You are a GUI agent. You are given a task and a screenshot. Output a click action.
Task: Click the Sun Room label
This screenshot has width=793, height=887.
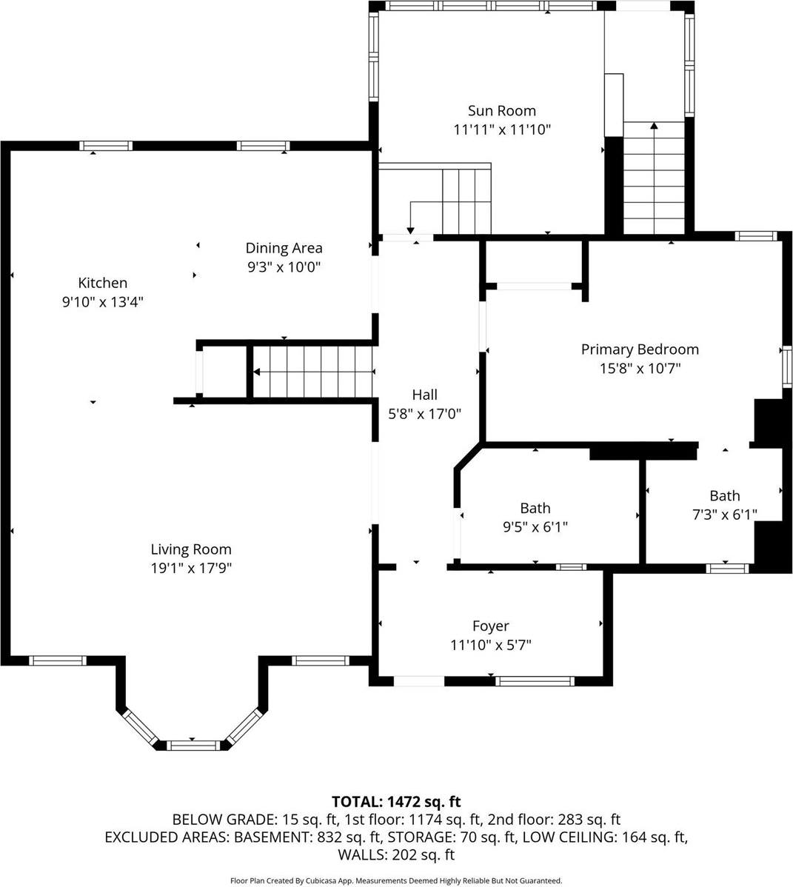(x=501, y=111)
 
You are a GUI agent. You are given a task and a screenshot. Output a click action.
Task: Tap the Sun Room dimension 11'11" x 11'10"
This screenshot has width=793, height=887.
(x=501, y=130)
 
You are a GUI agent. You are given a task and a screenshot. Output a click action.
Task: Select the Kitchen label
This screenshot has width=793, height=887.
(x=103, y=283)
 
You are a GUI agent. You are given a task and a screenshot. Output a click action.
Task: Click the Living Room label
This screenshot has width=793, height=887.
(x=191, y=549)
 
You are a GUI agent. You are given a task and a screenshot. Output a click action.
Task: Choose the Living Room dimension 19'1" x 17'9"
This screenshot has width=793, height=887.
(x=191, y=568)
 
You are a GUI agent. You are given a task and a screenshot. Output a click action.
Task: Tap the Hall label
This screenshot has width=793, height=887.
(x=424, y=395)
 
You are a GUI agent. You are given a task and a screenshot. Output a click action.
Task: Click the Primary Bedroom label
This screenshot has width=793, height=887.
(x=640, y=349)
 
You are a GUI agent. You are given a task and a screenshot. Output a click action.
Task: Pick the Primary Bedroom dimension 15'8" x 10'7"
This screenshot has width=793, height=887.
(x=640, y=368)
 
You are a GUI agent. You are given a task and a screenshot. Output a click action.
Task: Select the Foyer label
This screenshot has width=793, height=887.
(x=490, y=626)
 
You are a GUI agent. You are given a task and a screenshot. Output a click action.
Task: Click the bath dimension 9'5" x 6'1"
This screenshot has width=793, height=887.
(x=535, y=527)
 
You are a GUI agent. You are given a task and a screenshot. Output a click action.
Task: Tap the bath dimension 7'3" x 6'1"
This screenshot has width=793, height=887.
(x=724, y=515)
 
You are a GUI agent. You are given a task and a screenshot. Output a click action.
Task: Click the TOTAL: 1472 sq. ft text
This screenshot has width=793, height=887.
(x=396, y=801)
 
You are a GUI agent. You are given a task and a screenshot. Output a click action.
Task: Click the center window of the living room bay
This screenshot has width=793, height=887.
(x=192, y=744)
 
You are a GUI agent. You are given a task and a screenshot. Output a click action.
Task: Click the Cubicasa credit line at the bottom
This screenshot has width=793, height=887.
(x=396, y=881)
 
